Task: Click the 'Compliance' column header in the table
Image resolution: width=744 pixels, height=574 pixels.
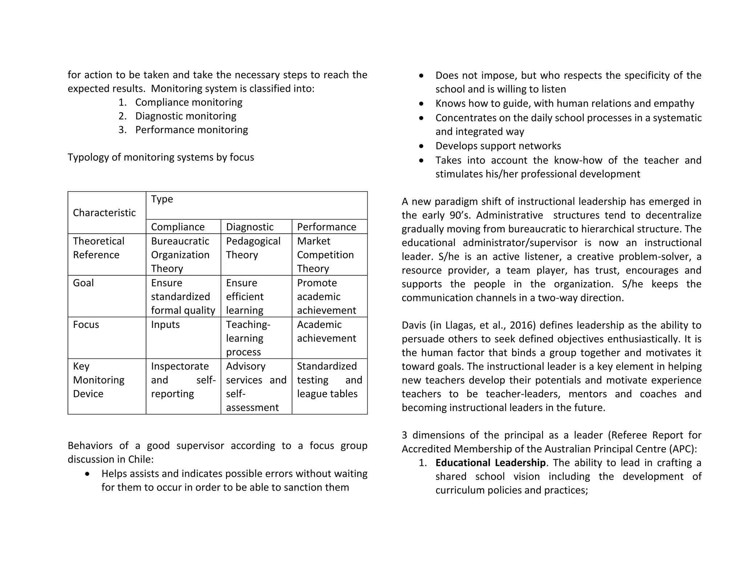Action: pos(178,227)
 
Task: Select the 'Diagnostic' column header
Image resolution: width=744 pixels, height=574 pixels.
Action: pos(250,227)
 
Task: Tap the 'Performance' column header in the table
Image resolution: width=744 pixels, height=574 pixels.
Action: pos(326,227)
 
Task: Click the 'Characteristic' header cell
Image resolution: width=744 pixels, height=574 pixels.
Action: pos(104,213)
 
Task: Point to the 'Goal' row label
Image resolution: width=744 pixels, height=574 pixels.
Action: pos(83,283)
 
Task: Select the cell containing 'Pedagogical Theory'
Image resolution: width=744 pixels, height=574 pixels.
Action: pos(253,248)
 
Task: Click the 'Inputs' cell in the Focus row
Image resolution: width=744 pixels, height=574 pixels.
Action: pos(165,324)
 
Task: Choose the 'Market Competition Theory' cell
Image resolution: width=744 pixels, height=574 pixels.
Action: pos(325,255)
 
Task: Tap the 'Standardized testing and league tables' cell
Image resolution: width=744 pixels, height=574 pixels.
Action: pos(329,380)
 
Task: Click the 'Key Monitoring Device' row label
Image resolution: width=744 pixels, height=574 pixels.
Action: pos(98,380)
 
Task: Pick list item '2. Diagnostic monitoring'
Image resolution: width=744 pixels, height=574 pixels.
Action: pos(185,116)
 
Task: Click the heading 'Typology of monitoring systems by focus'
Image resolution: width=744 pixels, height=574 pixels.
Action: pos(161,157)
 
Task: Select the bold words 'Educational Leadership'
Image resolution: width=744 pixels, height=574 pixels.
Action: pos(490,463)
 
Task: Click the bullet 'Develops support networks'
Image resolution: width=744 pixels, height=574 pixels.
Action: pos(498,146)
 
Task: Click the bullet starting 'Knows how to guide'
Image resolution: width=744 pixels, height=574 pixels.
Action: pos(565,103)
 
